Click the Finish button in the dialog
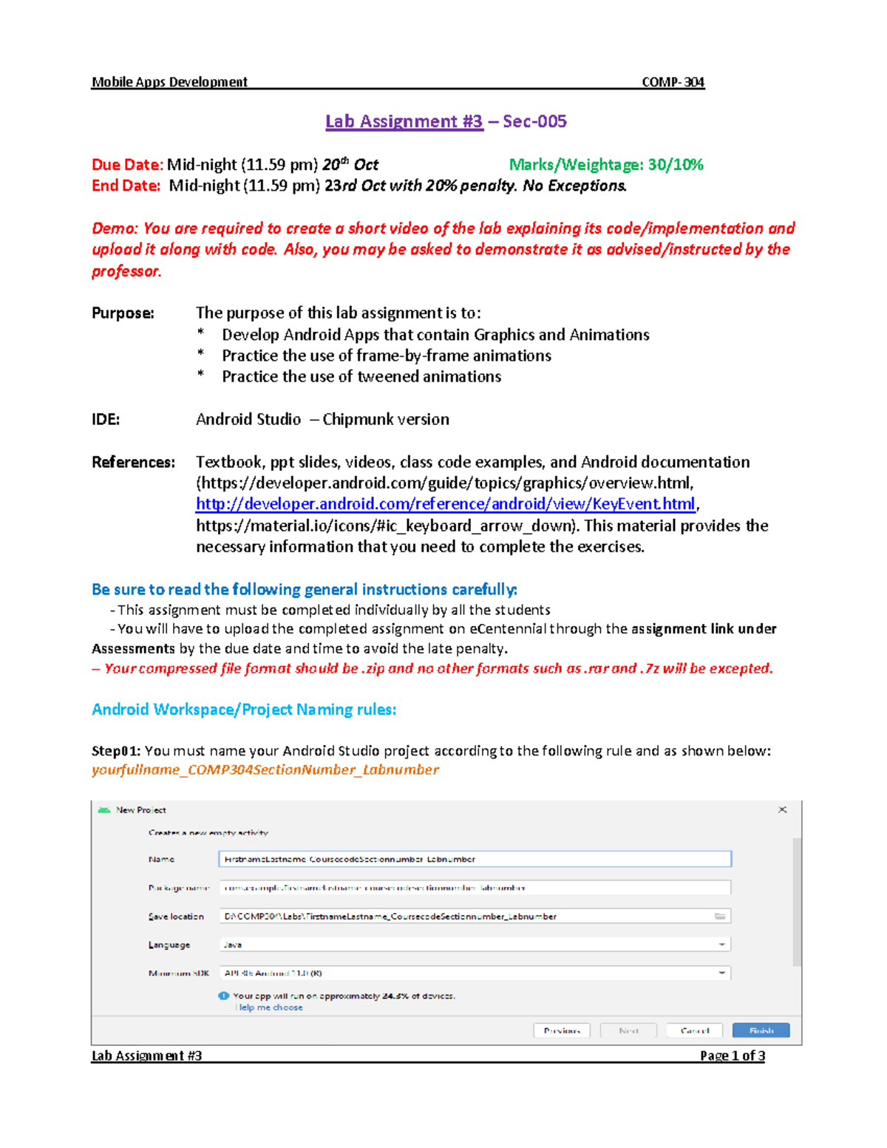[x=761, y=1030]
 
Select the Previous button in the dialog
[x=562, y=1030]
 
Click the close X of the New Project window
[x=782, y=809]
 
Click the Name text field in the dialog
[x=475, y=859]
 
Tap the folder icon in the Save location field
[x=720, y=916]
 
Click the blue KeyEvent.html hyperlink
[x=445, y=504]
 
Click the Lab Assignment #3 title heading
[x=404, y=121]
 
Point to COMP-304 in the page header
[x=673, y=82]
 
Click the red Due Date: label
[x=126, y=164]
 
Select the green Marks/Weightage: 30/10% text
[x=606, y=164]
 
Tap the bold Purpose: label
[x=123, y=313]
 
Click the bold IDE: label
[x=106, y=419]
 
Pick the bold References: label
[x=133, y=462]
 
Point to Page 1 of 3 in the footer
[x=732, y=1055]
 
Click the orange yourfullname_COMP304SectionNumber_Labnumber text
[x=265, y=770]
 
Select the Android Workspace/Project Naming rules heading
[x=244, y=710]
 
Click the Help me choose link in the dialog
[x=269, y=1008]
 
